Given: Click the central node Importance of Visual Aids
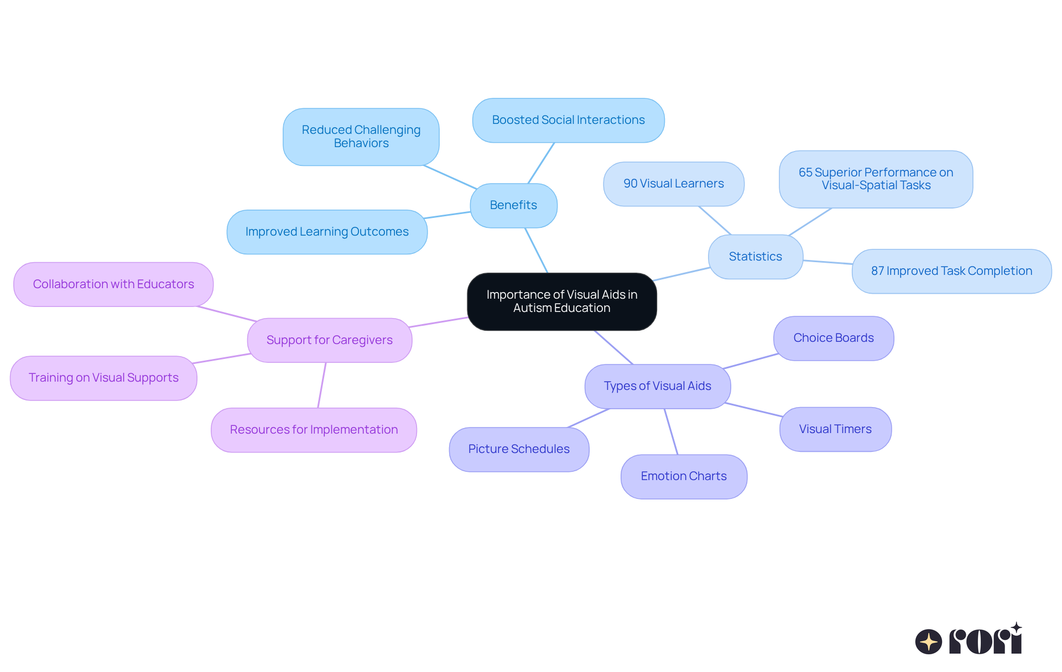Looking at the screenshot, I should [x=561, y=301].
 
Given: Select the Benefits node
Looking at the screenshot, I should [x=513, y=205].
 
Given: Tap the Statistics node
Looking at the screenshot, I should [x=755, y=257].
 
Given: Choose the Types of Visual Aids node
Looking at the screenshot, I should [x=657, y=386].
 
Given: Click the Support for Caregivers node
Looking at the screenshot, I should [x=329, y=340].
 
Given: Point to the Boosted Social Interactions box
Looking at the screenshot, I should [x=568, y=120].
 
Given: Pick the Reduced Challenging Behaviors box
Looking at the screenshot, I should [x=361, y=137].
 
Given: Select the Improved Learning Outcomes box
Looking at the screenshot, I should [x=326, y=232].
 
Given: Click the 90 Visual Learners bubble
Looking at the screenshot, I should [x=673, y=184].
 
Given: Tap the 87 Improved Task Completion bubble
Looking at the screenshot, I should [x=951, y=271].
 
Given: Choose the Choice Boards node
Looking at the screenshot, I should [x=833, y=338].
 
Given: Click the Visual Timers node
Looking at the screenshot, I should [x=835, y=429].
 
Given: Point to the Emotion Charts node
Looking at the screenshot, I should [x=684, y=476].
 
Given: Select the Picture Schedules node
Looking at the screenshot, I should [x=518, y=449].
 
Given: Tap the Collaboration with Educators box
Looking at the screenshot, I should [x=113, y=284].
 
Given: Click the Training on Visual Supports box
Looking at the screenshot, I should [x=103, y=378].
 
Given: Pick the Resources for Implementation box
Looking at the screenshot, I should [x=314, y=430].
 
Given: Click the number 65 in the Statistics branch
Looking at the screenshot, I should [x=805, y=173].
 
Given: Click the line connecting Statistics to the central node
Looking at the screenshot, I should [x=681, y=274].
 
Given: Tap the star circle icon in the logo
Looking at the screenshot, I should [x=928, y=642].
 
